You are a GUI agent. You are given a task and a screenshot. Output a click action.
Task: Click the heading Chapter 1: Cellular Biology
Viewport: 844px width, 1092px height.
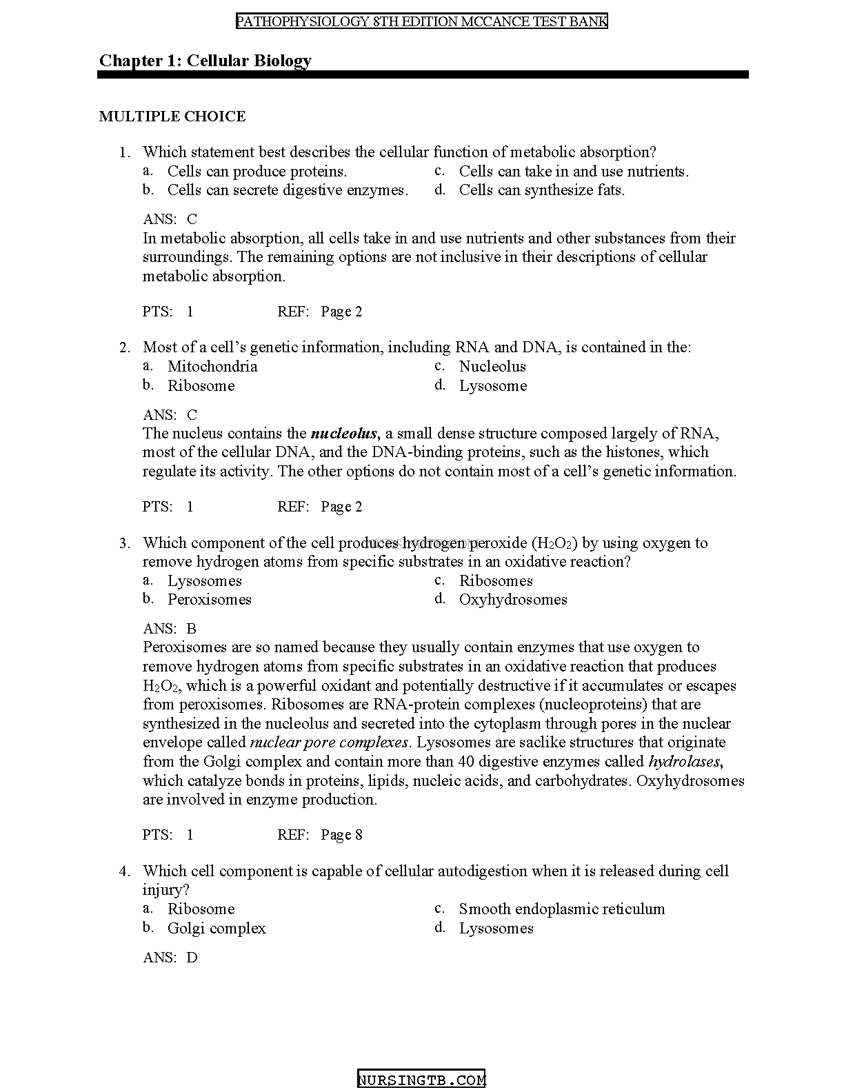point(205,61)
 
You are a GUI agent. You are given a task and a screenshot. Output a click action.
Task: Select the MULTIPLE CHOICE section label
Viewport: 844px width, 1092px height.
point(172,117)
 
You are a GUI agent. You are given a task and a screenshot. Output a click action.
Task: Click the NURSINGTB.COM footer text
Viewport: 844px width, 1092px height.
point(421,1080)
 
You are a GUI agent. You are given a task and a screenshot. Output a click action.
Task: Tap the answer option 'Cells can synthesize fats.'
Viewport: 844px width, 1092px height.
point(541,190)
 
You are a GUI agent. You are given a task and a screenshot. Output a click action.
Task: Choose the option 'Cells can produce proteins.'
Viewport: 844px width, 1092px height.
point(257,172)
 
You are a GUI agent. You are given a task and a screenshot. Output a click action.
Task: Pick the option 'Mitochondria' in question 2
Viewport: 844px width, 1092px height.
point(212,367)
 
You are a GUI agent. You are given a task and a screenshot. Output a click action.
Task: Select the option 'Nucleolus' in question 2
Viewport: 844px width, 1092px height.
point(492,367)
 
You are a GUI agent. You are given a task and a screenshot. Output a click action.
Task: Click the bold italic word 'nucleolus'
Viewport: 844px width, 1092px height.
point(343,434)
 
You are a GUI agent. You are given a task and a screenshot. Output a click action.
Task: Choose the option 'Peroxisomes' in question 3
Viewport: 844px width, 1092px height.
point(209,600)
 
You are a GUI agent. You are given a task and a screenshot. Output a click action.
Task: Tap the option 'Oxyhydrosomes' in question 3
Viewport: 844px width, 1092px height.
point(513,600)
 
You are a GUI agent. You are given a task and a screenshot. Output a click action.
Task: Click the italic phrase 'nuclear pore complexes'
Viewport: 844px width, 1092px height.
point(330,742)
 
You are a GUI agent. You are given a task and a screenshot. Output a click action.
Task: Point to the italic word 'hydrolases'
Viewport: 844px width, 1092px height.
point(684,762)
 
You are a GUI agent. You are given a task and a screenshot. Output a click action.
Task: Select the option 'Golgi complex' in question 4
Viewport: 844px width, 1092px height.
point(217,929)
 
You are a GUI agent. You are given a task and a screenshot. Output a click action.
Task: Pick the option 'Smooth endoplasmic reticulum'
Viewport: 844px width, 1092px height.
point(562,909)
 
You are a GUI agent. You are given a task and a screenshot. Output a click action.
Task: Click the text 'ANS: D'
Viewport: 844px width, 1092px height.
point(170,958)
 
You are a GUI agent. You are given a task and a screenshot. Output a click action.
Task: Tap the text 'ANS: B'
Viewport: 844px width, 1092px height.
point(170,629)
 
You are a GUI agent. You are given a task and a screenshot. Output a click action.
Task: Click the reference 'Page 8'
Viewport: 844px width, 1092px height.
point(341,835)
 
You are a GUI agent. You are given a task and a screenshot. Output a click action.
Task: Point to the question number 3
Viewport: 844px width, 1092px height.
point(124,543)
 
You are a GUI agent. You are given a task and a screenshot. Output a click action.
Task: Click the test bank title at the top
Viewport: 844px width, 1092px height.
point(422,21)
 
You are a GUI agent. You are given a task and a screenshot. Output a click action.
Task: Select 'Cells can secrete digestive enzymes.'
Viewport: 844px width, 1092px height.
point(288,190)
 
